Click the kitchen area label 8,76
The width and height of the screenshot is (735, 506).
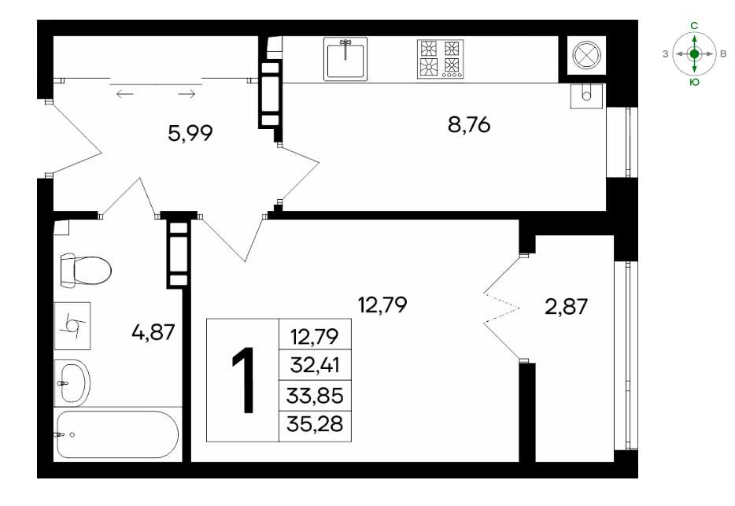pyautogui.click(x=469, y=125)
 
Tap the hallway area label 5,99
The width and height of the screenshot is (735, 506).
pyautogui.click(x=190, y=133)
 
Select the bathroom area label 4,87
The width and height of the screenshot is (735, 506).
pyautogui.click(x=153, y=332)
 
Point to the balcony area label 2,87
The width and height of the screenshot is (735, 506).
pyautogui.click(x=567, y=307)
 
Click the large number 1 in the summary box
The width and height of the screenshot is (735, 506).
pyautogui.click(x=243, y=380)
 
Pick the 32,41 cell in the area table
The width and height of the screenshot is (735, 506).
pyautogui.click(x=315, y=365)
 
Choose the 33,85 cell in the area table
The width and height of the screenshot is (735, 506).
pyautogui.click(x=315, y=396)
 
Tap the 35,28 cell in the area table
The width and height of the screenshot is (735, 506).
pyautogui.click(x=315, y=425)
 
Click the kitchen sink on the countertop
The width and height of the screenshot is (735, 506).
pyautogui.click(x=345, y=59)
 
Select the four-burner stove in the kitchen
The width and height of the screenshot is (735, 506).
pyautogui.click(x=440, y=58)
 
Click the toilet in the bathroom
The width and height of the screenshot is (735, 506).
pyautogui.click(x=86, y=271)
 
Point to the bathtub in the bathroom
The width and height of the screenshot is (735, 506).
pyautogui.click(x=117, y=434)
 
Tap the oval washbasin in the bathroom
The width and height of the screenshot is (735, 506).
pyautogui.click(x=72, y=383)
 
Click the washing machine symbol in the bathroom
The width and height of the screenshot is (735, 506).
pyautogui.click(x=72, y=326)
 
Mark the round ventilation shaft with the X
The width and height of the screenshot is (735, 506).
pyautogui.click(x=586, y=55)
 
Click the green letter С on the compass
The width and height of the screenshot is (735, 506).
pyautogui.click(x=695, y=26)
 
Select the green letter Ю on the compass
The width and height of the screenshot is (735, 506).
pyautogui.click(x=695, y=83)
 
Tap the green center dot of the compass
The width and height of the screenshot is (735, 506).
pyautogui.click(x=695, y=54)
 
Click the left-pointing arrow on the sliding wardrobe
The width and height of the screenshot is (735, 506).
pyautogui.click(x=124, y=94)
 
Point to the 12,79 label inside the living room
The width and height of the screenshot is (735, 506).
pyautogui.click(x=382, y=305)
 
